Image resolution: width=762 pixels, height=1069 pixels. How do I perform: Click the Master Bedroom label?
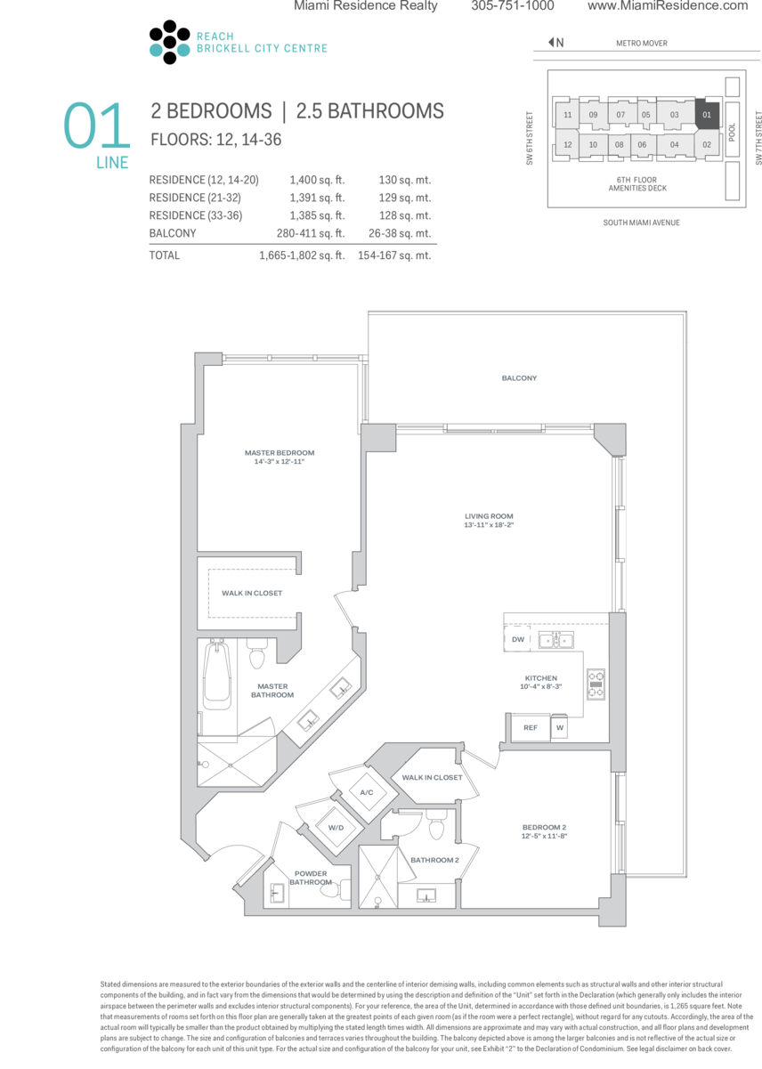pos(280,457)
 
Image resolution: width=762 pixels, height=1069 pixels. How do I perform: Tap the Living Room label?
pos(489,520)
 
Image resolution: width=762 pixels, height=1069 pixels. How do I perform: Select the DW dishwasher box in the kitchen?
pos(517,639)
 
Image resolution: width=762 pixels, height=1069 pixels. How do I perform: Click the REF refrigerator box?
pos(531,727)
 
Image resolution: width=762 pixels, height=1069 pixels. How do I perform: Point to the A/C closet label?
pos(367,792)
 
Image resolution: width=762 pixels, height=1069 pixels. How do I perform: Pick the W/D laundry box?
pos(336,828)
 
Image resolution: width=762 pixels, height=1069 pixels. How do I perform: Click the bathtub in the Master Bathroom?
pos(217,676)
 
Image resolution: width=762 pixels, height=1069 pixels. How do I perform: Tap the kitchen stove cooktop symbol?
pos(596,684)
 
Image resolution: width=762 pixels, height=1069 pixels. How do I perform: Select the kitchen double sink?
pos(555,639)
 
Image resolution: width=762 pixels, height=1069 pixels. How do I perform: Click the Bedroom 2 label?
pos(544,831)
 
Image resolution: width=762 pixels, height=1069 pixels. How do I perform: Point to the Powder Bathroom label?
pos(311,878)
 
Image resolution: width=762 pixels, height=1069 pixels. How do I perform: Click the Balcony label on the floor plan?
pos(519,378)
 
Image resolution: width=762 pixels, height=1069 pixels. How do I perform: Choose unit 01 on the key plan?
pos(707,115)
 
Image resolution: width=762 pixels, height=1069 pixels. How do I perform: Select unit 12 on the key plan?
pos(567,144)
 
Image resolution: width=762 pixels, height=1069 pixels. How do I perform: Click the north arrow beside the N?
pos(551,43)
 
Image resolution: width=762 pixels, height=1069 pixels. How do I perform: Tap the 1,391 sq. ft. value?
pos(317,198)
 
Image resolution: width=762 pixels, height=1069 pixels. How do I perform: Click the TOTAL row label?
pos(165,255)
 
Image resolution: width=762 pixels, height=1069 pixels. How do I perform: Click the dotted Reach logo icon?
pos(169,42)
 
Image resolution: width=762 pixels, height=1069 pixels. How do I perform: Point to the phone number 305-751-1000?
pos(513,5)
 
